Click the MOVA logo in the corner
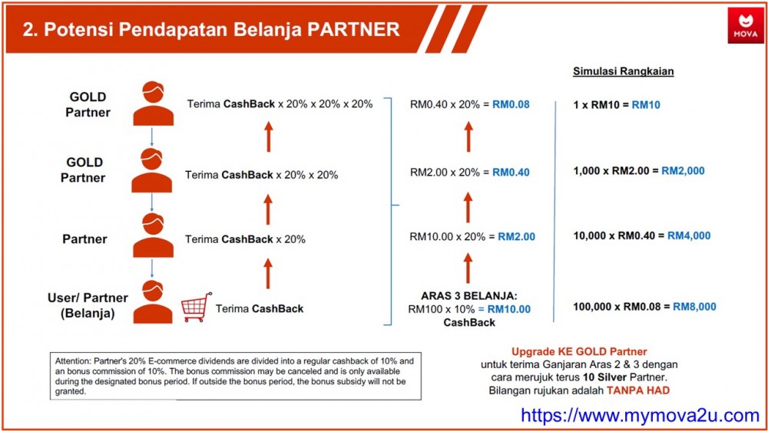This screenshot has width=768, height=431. point(745,26)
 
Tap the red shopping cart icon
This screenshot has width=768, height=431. point(197,308)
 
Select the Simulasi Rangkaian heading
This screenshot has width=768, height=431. point(623,71)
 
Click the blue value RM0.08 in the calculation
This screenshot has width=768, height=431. point(511,104)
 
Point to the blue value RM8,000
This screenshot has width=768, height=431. point(694,307)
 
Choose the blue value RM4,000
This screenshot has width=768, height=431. point(689,235)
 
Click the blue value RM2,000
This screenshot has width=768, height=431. point(683,171)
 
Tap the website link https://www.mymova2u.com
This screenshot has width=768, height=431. point(640,416)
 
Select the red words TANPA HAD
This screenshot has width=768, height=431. point(637,390)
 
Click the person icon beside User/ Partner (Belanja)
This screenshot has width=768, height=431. point(153,302)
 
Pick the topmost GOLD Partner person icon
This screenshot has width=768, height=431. point(154,104)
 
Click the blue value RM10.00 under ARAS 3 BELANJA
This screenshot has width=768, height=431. point(509,309)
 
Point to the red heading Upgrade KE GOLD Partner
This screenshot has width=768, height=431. point(579,352)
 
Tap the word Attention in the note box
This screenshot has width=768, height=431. point(72,361)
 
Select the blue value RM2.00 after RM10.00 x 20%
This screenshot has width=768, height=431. point(516,237)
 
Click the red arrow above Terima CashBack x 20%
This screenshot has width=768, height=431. point(267,209)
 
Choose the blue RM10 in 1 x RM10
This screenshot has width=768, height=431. point(646,105)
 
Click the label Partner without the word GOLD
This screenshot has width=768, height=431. point(84,239)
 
